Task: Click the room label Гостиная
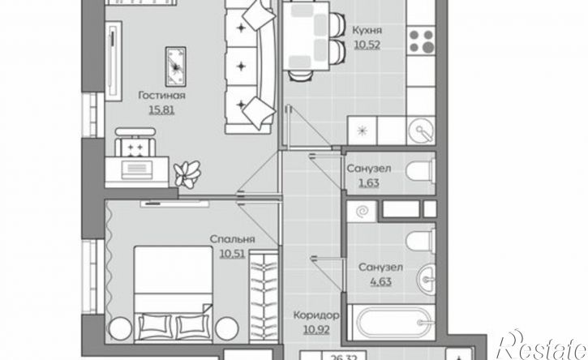point(161,96)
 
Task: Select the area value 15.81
point(161,110)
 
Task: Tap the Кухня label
point(367,30)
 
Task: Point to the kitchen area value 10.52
point(367,45)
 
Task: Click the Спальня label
point(232,239)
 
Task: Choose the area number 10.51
point(232,254)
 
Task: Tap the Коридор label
point(316,315)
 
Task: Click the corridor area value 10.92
point(316,330)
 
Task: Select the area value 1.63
point(368,183)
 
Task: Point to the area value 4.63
point(380,281)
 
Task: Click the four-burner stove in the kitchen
point(421,41)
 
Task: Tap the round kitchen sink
point(422,131)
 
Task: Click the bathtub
point(392,323)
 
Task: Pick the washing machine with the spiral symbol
point(362,211)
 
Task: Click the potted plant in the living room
point(187,174)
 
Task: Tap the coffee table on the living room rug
point(176,66)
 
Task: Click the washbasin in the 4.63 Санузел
point(427,278)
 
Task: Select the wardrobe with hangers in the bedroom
point(264,295)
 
